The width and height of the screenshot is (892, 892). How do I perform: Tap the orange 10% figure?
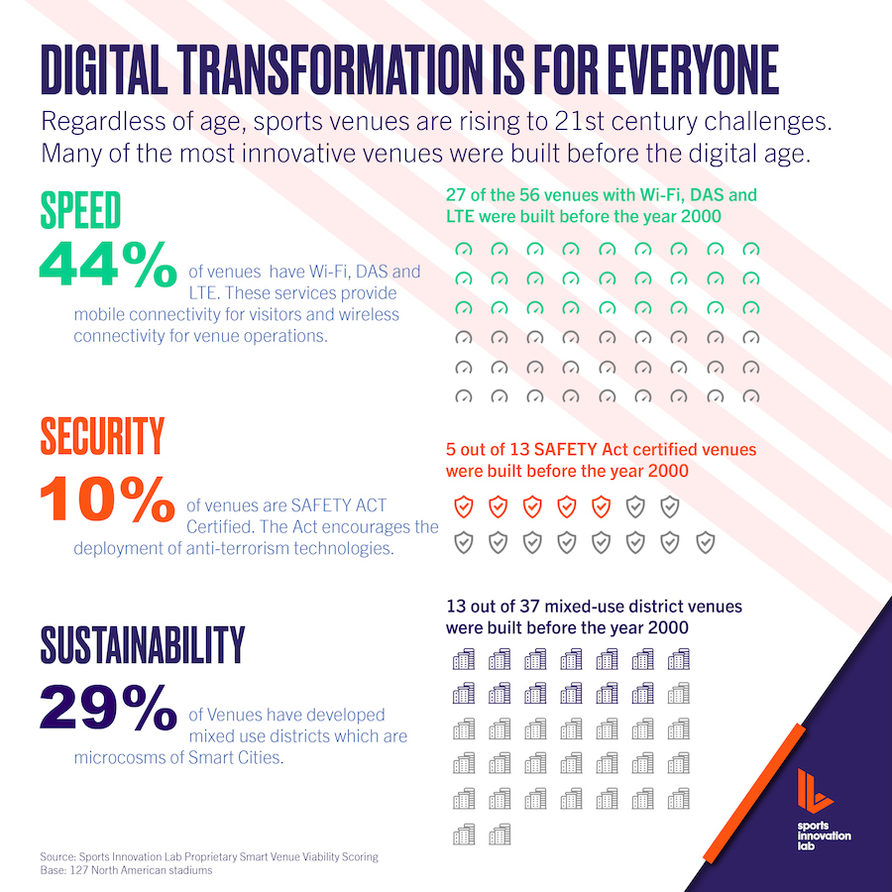pyautogui.click(x=106, y=501)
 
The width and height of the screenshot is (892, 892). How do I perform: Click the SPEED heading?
pyautogui.click(x=80, y=211)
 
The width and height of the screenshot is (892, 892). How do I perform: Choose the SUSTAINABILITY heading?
pyautogui.click(x=142, y=645)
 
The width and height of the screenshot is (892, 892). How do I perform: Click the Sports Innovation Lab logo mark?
pyautogui.click(x=814, y=789)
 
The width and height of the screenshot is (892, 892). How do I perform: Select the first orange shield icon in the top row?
pyautogui.click(x=463, y=507)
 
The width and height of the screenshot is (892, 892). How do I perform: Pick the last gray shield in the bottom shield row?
pyautogui.click(x=705, y=542)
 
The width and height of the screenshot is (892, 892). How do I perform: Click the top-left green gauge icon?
pyautogui.click(x=463, y=250)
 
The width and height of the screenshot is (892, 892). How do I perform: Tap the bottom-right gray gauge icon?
pyautogui.click(x=751, y=396)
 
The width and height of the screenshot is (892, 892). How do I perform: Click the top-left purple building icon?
pyautogui.click(x=463, y=659)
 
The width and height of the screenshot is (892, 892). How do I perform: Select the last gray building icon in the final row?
pyautogui.click(x=500, y=835)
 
